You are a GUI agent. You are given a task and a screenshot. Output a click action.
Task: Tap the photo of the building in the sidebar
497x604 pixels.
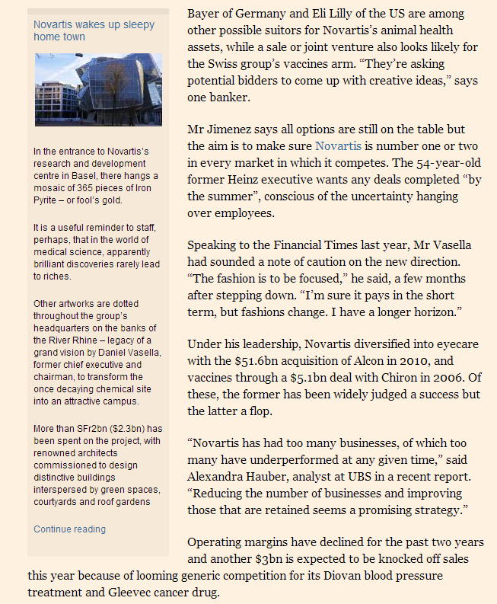pos(97,89)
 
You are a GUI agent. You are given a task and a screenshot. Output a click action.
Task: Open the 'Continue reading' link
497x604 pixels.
pos(70,529)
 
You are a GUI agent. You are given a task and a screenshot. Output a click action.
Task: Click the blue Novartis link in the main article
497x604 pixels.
pos(338,145)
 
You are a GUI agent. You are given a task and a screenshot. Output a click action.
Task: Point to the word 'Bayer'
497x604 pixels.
pos(205,14)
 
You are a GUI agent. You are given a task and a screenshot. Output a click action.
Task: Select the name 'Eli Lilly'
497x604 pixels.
pos(336,14)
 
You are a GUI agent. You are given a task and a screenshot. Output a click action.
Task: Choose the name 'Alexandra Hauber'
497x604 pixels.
pos(237,475)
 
